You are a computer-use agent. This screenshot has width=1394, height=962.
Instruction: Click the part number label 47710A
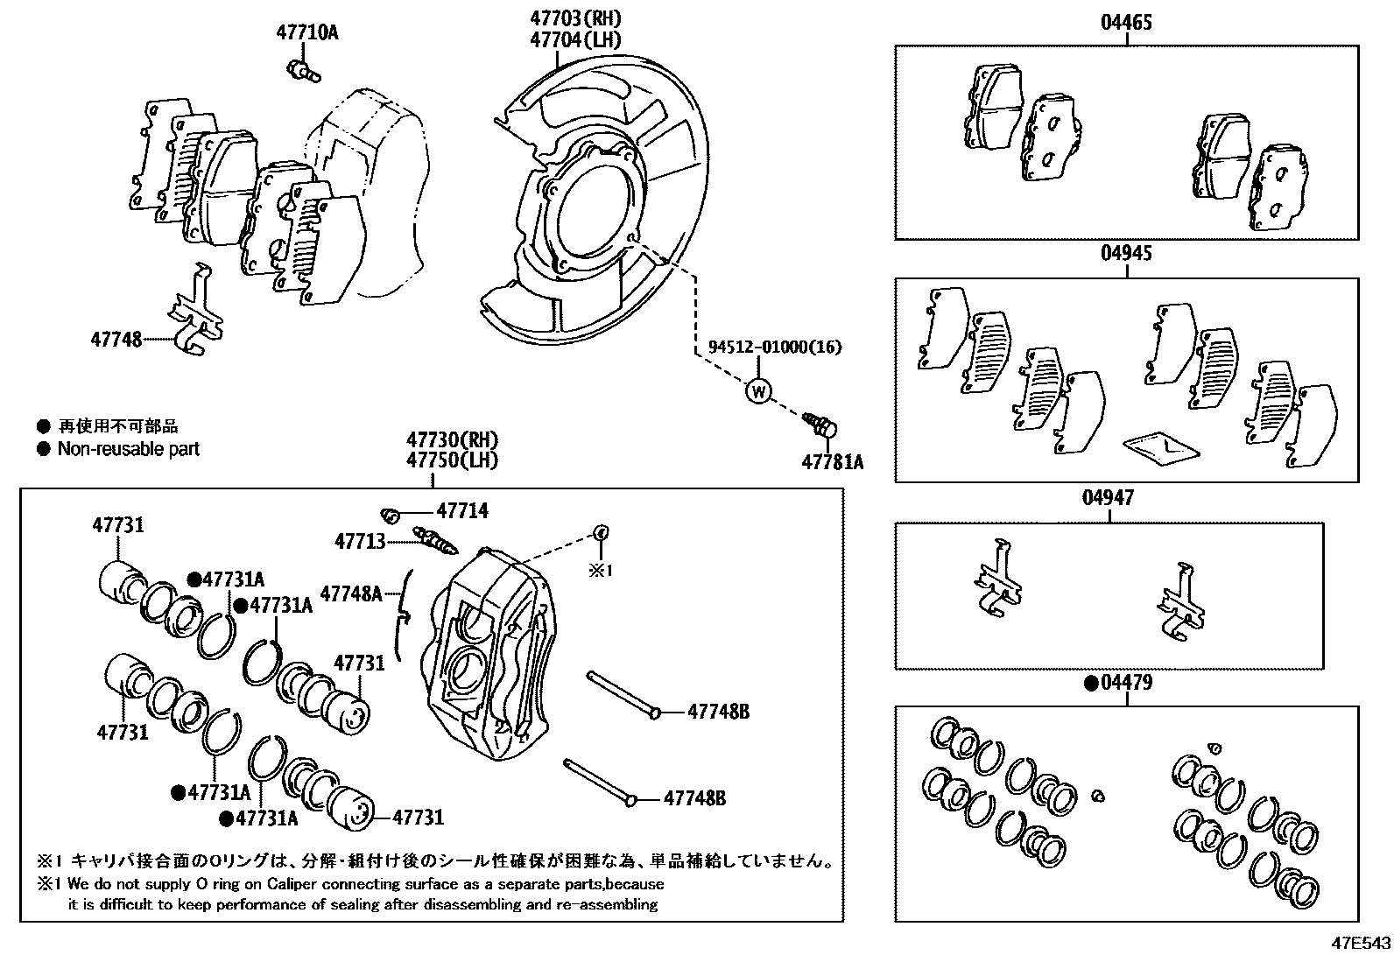(x=306, y=33)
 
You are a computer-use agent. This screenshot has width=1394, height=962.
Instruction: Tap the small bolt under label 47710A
(x=301, y=69)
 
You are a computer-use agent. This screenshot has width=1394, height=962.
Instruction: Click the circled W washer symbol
(x=757, y=390)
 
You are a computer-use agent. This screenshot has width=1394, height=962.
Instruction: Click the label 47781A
(x=832, y=461)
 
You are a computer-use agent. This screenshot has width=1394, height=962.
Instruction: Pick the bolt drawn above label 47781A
(x=821, y=426)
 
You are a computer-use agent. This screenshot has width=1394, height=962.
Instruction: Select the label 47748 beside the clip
(x=116, y=339)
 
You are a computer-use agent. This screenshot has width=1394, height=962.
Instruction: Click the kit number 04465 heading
(x=1126, y=23)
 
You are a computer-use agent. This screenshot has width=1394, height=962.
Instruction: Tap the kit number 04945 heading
(x=1126, y=254)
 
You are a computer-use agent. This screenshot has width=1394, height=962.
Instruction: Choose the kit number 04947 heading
(x=1108, y=498)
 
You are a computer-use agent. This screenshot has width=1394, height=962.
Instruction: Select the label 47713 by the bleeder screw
(x=359, y=542)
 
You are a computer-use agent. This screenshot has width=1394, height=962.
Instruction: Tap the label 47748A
(x=350, y=593)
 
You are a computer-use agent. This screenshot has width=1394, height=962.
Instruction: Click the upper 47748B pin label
(x=718, y=712)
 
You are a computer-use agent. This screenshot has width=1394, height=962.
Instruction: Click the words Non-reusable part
(x=128, y=449)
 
